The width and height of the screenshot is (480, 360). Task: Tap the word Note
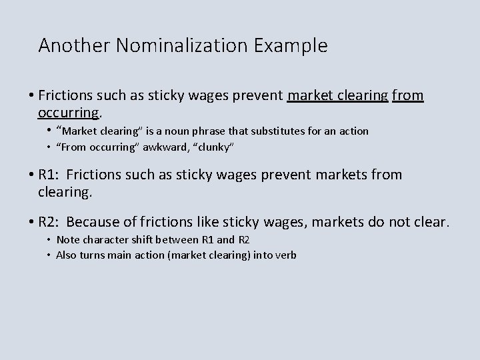click(x=67, y=240)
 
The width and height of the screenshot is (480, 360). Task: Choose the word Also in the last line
click(x=66, y=255)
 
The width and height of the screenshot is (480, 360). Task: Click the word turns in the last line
click(x=93, y=255)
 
